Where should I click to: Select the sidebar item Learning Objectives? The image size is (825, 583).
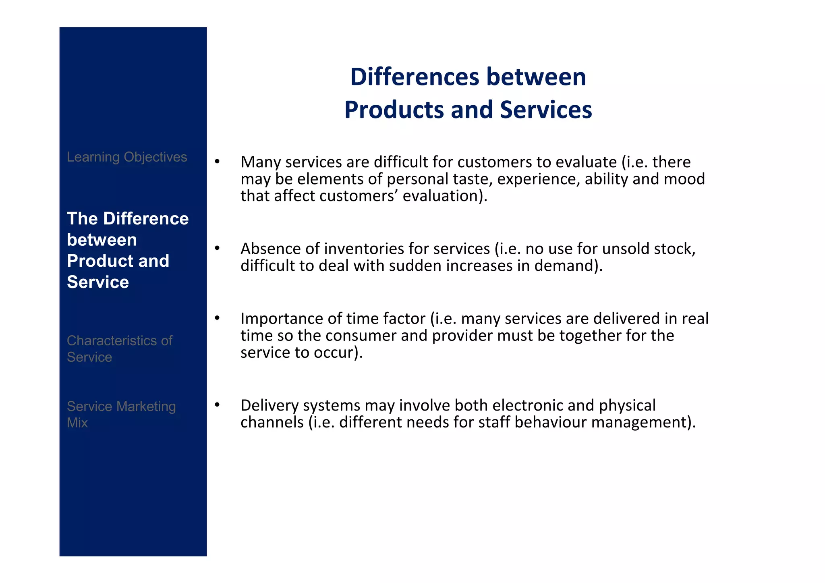(x=127, y=157)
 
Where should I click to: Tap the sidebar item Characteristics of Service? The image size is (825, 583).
(x=119, y=349)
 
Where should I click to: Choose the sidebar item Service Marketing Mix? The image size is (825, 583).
(x=121, y=414)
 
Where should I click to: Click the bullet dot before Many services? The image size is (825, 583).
(x=217, y=162)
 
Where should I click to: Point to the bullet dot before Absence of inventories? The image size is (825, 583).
(x=217, y=249)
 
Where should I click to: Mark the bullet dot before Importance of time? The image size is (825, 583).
(x=217, y=319)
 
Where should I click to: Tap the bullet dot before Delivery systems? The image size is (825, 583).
(x=217, y=405)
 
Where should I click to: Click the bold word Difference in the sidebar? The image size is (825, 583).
(x=146, y=219)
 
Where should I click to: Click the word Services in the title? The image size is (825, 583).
(x=546, y=110)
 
